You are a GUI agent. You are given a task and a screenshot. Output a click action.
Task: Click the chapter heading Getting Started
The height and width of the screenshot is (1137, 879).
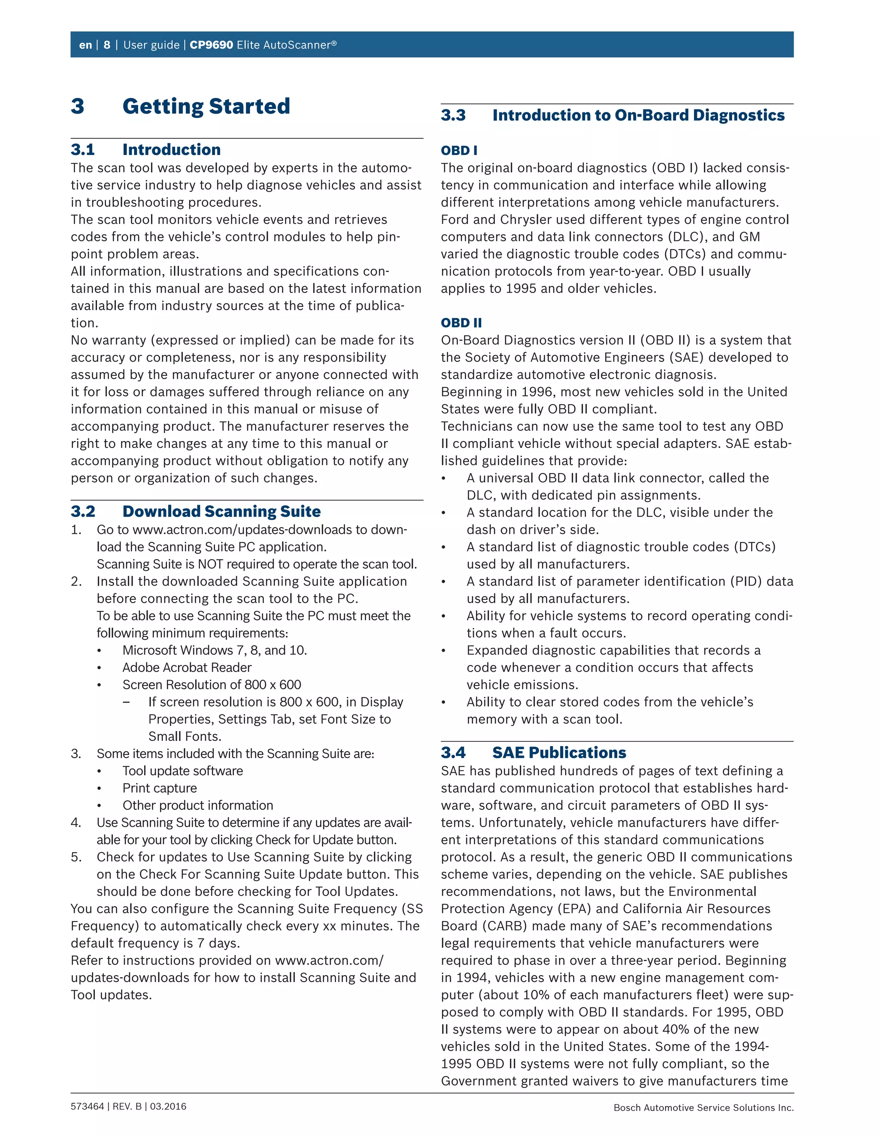(206, 106)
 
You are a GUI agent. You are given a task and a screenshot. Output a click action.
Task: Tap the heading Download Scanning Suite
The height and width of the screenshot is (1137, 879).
(221, 511)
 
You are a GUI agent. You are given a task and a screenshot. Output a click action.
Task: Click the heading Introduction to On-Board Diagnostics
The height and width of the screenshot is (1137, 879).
(638, 115)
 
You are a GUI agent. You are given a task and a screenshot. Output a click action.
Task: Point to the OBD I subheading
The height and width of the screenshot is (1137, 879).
(459, 151)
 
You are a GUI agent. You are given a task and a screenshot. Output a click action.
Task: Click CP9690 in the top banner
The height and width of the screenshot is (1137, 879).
(211, 45)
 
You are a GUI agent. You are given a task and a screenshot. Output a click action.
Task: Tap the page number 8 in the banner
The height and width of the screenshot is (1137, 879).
(107, 45)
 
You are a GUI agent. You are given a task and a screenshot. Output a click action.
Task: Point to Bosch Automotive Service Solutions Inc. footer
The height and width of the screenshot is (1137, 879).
(703, 1107)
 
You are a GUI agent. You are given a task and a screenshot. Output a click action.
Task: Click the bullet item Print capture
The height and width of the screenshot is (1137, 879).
(159, 788)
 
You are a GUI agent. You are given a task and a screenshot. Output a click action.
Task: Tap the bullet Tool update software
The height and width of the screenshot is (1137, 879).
(182, 771)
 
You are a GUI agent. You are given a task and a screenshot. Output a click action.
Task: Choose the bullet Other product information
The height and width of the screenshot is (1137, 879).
(197, 805)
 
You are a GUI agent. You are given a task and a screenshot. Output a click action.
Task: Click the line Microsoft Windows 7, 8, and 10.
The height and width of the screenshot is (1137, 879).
(215, 650)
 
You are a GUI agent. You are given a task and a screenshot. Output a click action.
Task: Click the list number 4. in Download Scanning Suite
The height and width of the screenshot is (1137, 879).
(76, 823)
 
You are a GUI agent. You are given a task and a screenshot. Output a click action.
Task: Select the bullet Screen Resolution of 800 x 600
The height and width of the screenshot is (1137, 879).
(212, 685)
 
